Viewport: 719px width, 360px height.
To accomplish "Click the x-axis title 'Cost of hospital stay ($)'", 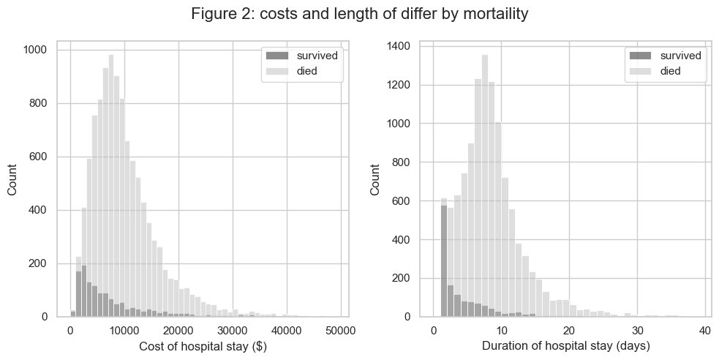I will tap(202, 346).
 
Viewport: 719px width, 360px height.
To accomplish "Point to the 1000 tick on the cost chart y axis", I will tap(34, 50).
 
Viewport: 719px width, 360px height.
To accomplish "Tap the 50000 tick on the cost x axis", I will tap(342, 331).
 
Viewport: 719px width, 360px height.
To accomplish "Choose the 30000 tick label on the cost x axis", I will tap(233, 331).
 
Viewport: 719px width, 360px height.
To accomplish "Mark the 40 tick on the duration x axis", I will tap(705, 331).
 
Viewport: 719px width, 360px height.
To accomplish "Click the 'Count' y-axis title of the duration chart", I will tap(375, 179).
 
